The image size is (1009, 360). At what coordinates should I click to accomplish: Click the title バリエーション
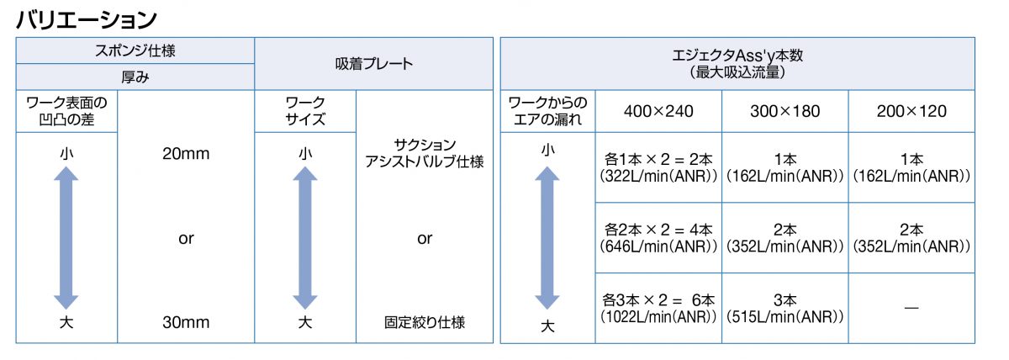[x=87, y=20]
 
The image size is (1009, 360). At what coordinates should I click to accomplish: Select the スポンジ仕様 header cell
[x=135, y=50]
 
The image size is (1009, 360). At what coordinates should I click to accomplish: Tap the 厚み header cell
[x=135, y=77]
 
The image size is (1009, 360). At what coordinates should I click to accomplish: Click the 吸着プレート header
[x=374, y=64]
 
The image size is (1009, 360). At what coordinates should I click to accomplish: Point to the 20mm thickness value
[x=186, y=154]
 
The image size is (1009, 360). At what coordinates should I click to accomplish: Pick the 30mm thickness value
[x=186, y=322]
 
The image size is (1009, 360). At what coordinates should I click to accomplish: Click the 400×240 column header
[x=658, y=111]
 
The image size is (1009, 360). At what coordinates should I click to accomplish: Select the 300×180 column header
[x=785, y=111]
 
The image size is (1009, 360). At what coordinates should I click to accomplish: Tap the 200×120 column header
[x=911, y=111]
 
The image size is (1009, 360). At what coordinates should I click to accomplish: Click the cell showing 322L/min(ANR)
[x=658, y=167]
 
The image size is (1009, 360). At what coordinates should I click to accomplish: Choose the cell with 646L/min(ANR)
[x=658, y=237]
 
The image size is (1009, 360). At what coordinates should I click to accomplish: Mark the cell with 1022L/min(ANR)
[x=658, y=308]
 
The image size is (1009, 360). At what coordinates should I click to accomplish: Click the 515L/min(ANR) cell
[x=785, y=308]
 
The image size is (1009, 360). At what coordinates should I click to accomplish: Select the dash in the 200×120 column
[x=911, y=308]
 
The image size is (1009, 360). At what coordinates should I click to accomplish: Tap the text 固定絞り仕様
[x=425, y=322]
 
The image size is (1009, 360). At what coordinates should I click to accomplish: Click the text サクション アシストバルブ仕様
[x=425, y=153]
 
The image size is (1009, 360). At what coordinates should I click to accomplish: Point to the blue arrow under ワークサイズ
[x=305, y=237]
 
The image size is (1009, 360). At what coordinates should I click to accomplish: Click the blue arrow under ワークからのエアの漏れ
[x=547, y=237]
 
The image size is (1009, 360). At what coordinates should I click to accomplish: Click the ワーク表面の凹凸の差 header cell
[x=66, y=111]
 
